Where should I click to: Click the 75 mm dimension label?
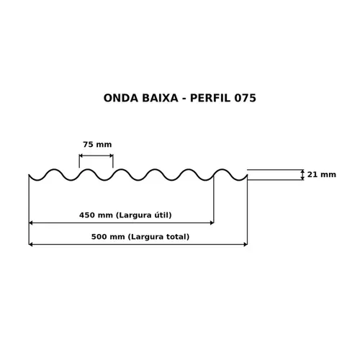coord(97,145)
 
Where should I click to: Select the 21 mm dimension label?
coord(322,174)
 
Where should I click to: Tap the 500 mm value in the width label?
coord(108,237)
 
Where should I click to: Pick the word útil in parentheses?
coord(161,215)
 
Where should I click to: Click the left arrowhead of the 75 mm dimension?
coord(81,156)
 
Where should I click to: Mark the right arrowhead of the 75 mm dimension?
coord(112,156)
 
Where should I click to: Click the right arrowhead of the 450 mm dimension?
coord(212,223)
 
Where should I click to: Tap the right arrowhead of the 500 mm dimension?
coord(246,245)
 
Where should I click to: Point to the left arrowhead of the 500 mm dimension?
coord(30,245)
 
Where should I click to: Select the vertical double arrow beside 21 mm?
coord(302,175)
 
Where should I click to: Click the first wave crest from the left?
coord(55,169)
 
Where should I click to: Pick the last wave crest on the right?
coord(222,169)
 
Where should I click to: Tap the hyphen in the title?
coord(184,99)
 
